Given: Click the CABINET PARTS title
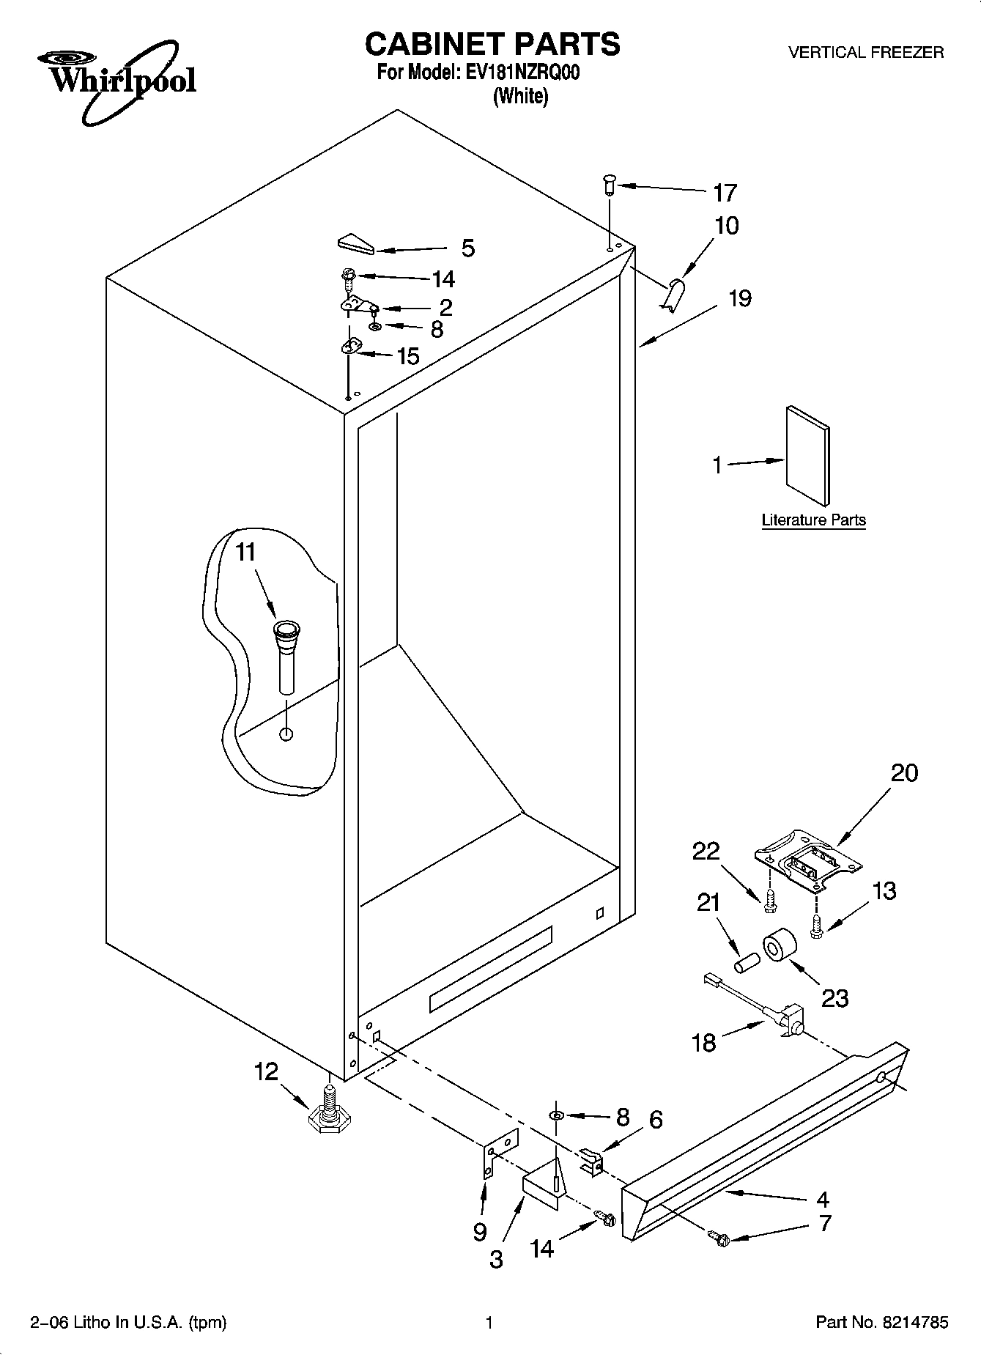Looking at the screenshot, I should click(x=492, y=44).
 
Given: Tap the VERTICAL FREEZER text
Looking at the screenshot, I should click(x=865, y=53).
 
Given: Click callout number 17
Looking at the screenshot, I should click(x=724, y=193).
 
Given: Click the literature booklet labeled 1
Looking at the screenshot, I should click(x=808, y=455).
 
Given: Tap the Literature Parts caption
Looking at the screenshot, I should click(x=813, y=520).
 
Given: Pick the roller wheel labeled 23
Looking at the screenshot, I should click(x=778, y=949).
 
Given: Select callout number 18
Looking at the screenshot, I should click(x=703, y=1041).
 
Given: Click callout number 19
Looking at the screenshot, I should click(x=739, y=299).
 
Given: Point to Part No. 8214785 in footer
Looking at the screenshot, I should click(x=881, y=1322).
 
